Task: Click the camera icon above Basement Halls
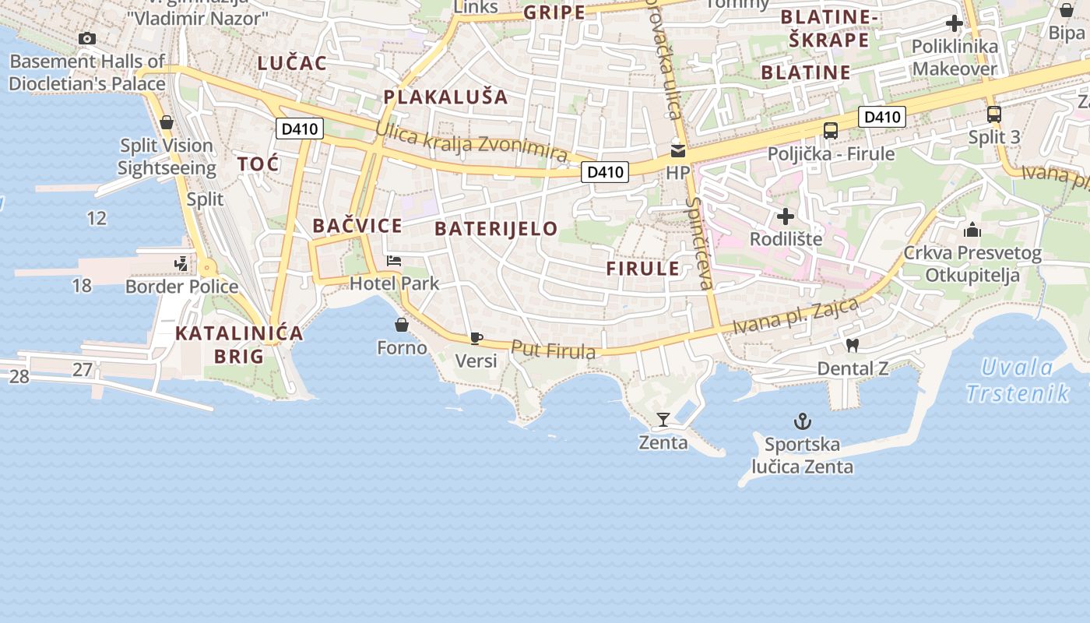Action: click(87, 38)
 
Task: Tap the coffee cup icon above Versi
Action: click(476, 338)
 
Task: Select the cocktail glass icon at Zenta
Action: click(663, 420)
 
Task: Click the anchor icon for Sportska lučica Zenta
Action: click(802, 422)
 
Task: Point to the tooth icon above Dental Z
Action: click(853, 345)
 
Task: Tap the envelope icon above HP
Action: click(678, 150)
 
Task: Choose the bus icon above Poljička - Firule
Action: click(831, 130)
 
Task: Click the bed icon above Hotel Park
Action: click(394, 261)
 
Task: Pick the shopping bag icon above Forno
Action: click(402, 324)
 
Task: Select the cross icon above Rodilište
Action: click(786, 216)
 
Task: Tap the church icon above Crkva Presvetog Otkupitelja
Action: click(972, 230)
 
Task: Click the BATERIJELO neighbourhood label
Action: click(496, 228)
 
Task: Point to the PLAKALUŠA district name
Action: click(445, 97)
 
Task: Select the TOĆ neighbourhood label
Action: click(258, 164)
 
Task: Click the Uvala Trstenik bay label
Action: click(1018, 380)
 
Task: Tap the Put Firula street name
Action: click(554, 350)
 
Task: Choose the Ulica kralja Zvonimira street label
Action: click(471, 144)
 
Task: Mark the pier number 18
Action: click(82, 286)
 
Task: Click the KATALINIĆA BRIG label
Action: click(239, 344)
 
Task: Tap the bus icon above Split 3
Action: click(993, 114)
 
